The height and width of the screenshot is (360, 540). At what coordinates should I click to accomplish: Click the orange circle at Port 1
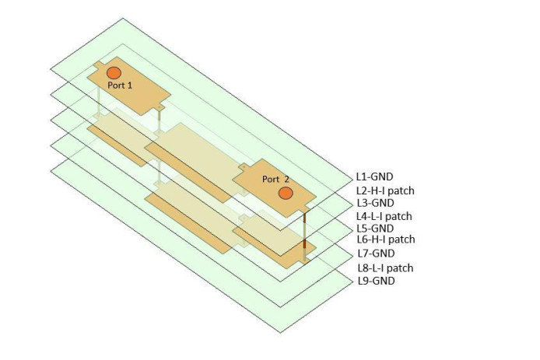click(114, 72)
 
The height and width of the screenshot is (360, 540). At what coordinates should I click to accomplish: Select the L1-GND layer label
click(374, 177)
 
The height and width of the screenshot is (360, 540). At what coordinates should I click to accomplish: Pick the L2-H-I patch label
click(384, 190)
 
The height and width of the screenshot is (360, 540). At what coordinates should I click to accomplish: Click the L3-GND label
click(374, 203)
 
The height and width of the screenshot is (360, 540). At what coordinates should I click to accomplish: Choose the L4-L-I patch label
click(384, 216)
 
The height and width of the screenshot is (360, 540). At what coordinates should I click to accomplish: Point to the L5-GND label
click(374, 229)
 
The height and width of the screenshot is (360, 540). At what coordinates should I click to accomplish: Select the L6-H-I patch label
click(385, 240)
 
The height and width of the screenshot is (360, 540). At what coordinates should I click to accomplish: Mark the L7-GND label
click(375, 253)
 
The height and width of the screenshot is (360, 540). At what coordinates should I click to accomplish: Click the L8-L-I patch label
click(384, 268)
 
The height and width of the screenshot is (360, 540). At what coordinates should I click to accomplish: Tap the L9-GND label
click(375, 281)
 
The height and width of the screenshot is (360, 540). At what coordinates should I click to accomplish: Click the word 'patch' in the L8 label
click(400, 268)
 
